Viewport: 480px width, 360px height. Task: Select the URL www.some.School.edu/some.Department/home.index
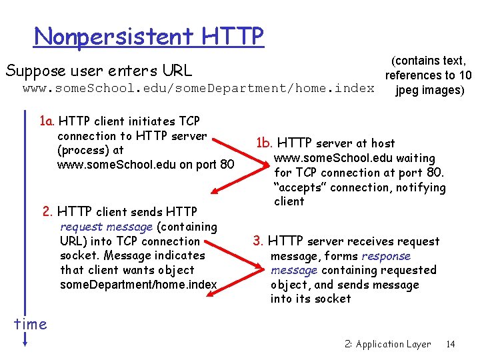click(199, 88)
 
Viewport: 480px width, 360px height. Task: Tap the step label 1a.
click(47, 121)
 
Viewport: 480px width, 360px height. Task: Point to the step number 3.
click(258, 241)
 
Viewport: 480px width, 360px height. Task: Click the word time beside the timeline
click(31, 324)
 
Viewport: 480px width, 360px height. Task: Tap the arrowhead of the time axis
click(25, 343)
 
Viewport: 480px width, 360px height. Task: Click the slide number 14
click(451, 344)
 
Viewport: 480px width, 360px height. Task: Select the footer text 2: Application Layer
click(388, 344)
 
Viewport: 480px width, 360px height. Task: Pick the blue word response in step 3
click(386, 256)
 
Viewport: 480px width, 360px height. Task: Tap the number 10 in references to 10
click(465, 75)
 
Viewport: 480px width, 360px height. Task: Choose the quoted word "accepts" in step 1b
click(298, 187)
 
